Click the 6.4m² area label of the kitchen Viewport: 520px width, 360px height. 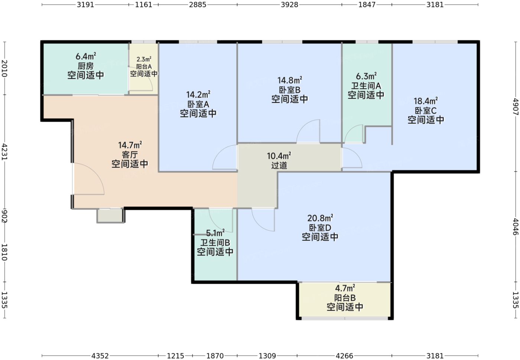[x=86, y=56]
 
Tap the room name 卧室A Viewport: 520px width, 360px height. [x=198, y=104]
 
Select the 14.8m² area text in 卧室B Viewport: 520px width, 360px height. [x=289, y=80]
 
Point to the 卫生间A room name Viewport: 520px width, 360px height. [x=366, y=86]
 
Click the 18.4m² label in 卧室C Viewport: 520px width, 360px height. [x=426, y=101]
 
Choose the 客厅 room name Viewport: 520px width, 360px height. [x=130, y=154]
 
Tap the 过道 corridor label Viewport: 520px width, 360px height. [x=279, y=165]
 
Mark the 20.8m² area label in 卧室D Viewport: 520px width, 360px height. [x=320, y=218]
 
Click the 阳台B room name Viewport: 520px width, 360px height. [x=345, y=298]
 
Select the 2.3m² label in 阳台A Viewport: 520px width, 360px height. [x=144, y=59]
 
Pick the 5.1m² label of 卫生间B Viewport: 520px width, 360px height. [x=215, y=233]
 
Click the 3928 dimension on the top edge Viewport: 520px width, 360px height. [x=289, y=5]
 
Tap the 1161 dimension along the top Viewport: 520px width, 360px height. [x=144, y=5]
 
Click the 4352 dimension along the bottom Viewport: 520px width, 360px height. [x=100, y=356]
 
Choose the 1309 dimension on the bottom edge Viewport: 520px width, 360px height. [x=267, y=356]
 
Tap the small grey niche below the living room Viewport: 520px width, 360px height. [x=110, y=216]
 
